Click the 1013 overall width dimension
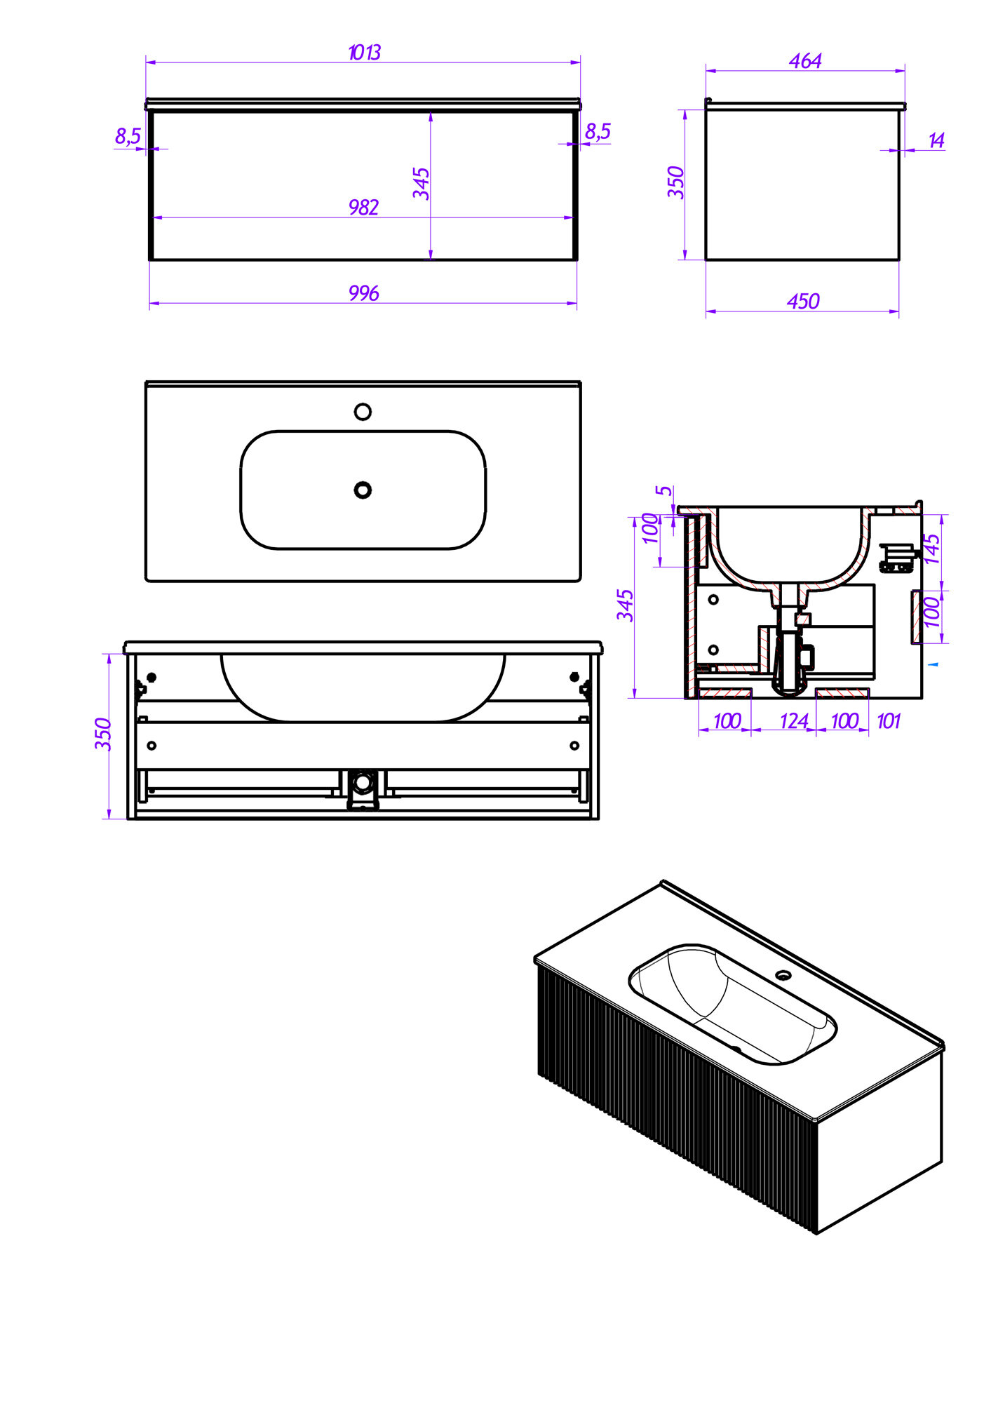point(364,53)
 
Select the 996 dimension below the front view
point(364,293)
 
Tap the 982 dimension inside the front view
point(363,208)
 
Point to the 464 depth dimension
point(805,61)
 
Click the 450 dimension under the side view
point(803,302)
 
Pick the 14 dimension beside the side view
point(936,140)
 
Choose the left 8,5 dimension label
point(128,136)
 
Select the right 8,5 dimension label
point(598,131)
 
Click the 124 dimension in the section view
point(794,721)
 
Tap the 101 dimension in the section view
point(888,721)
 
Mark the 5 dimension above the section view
point(664,490)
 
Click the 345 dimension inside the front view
point(421,183)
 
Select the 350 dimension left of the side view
point(675,182)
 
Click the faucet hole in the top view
point(363,412)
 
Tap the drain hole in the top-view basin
point(363,490)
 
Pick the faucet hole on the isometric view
point(783,974)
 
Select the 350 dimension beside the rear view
point(103,734)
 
